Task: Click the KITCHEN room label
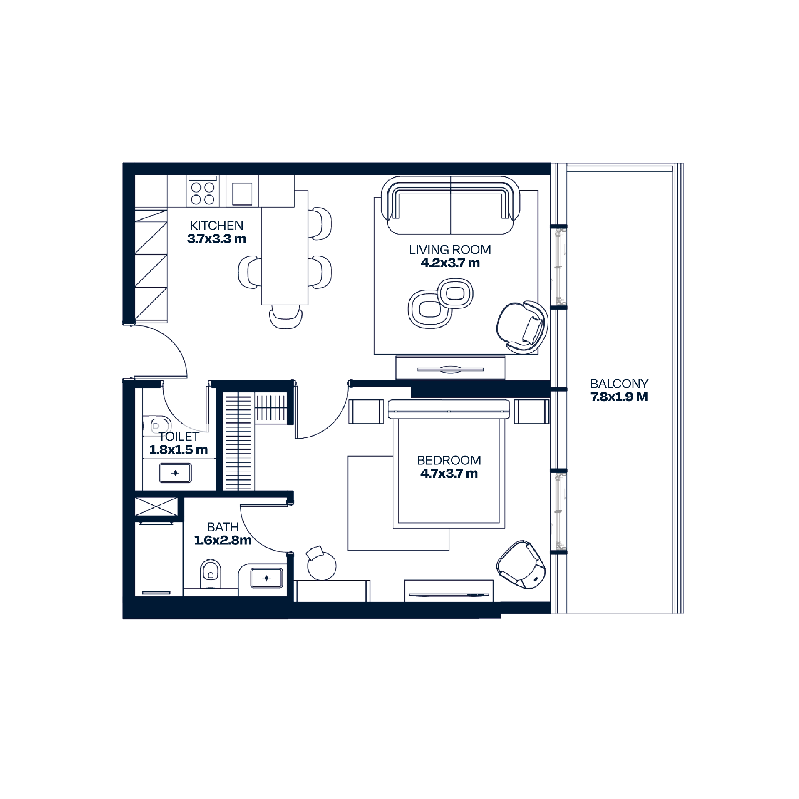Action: coord(216,226)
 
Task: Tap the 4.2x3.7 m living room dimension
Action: coord(450,263)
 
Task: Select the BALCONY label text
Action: coord(619,384)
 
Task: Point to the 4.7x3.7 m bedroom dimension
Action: coord(449,474)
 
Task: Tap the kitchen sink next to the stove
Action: coord(242,194)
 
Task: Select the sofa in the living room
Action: coord(451,206)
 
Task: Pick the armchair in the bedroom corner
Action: coord(521,565)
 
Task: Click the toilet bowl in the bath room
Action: coord(211,574)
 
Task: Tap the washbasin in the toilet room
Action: coord(175,473)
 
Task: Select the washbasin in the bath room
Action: coord(266,578)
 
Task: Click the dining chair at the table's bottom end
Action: coord(285,317)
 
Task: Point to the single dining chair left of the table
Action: coord(250,272)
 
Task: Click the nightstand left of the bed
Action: coord(366,412)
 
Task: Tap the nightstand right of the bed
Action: coord(532,412)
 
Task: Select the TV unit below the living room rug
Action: coord(450,368)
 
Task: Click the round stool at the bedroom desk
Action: coord(321,565)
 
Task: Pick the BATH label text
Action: coord(223,527)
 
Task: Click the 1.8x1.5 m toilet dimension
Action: coord(179,450)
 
